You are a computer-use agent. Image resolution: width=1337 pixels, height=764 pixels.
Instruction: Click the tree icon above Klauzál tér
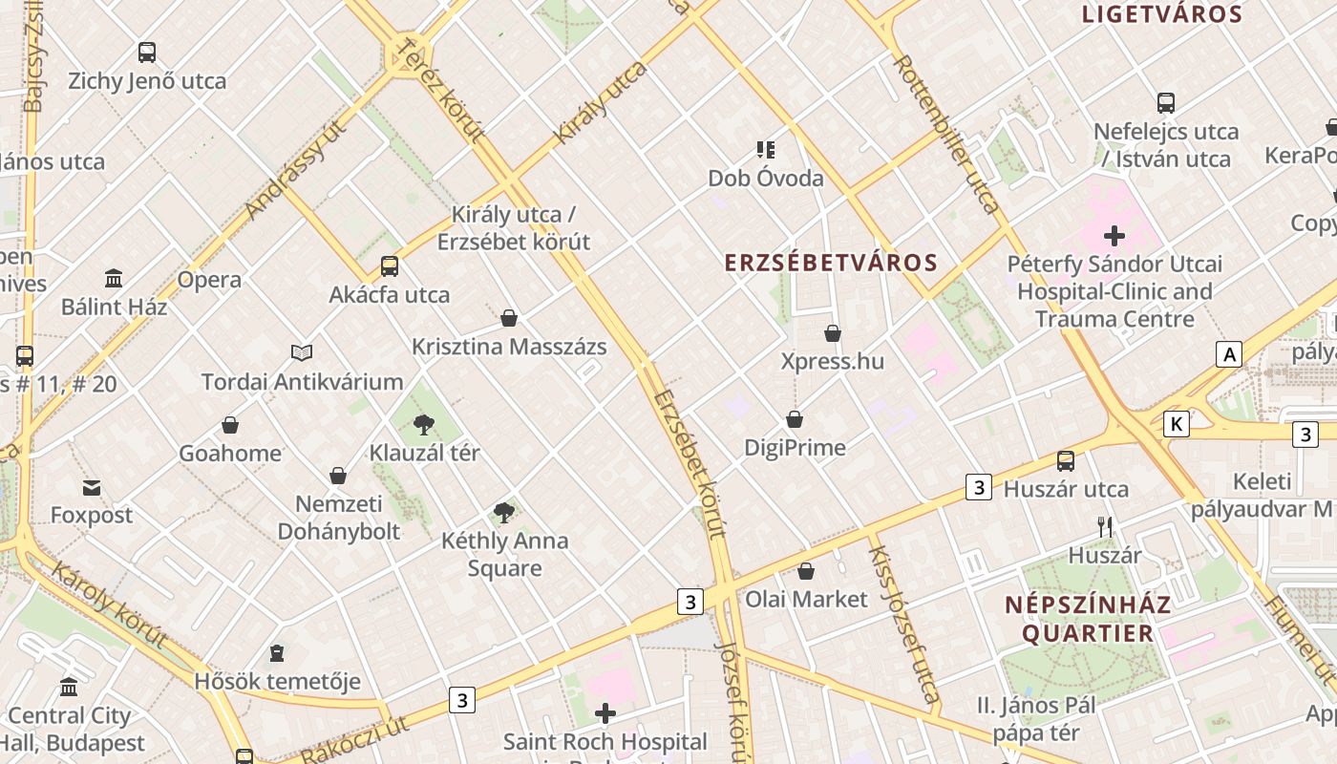tap(424, 425)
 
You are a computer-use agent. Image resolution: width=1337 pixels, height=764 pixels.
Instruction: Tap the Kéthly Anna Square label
tap(504, 554)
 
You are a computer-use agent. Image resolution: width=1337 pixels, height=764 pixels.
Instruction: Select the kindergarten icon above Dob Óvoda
tap(765, 149)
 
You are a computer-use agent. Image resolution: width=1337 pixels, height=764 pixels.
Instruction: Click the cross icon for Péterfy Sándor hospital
tap(1114, 235)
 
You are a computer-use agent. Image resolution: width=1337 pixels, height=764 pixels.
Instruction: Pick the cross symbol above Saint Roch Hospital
tap(605, 713)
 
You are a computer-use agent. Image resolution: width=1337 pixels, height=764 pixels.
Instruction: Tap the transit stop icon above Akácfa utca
tap(390, 266)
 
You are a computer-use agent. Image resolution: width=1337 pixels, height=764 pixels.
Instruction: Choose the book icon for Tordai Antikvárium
tap(302, 353)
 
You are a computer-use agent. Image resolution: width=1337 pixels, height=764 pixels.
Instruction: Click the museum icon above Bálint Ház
tap(114, 279)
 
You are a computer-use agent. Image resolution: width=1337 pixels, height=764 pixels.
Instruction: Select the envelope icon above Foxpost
tap(92, 488)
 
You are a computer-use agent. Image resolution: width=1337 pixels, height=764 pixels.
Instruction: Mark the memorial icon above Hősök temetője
tap(277, 653)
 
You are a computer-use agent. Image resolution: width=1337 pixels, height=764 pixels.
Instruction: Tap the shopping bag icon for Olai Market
tap(806, 572)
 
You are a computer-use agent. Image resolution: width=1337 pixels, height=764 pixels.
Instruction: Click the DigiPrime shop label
tap(795, 447)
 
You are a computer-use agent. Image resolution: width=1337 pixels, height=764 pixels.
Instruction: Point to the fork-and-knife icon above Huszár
tap(1105, 527)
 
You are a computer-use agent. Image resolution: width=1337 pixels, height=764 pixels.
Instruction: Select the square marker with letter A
tap(1228, 355)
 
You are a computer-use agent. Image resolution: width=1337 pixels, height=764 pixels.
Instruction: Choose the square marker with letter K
tap(1177, 424)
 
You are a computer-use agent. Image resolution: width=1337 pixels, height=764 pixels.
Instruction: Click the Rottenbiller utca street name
tap(945, 134)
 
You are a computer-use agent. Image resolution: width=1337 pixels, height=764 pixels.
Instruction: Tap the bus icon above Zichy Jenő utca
tap(147, 53)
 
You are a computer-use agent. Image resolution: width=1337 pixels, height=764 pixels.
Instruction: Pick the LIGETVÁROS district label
tap(1161, 14)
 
